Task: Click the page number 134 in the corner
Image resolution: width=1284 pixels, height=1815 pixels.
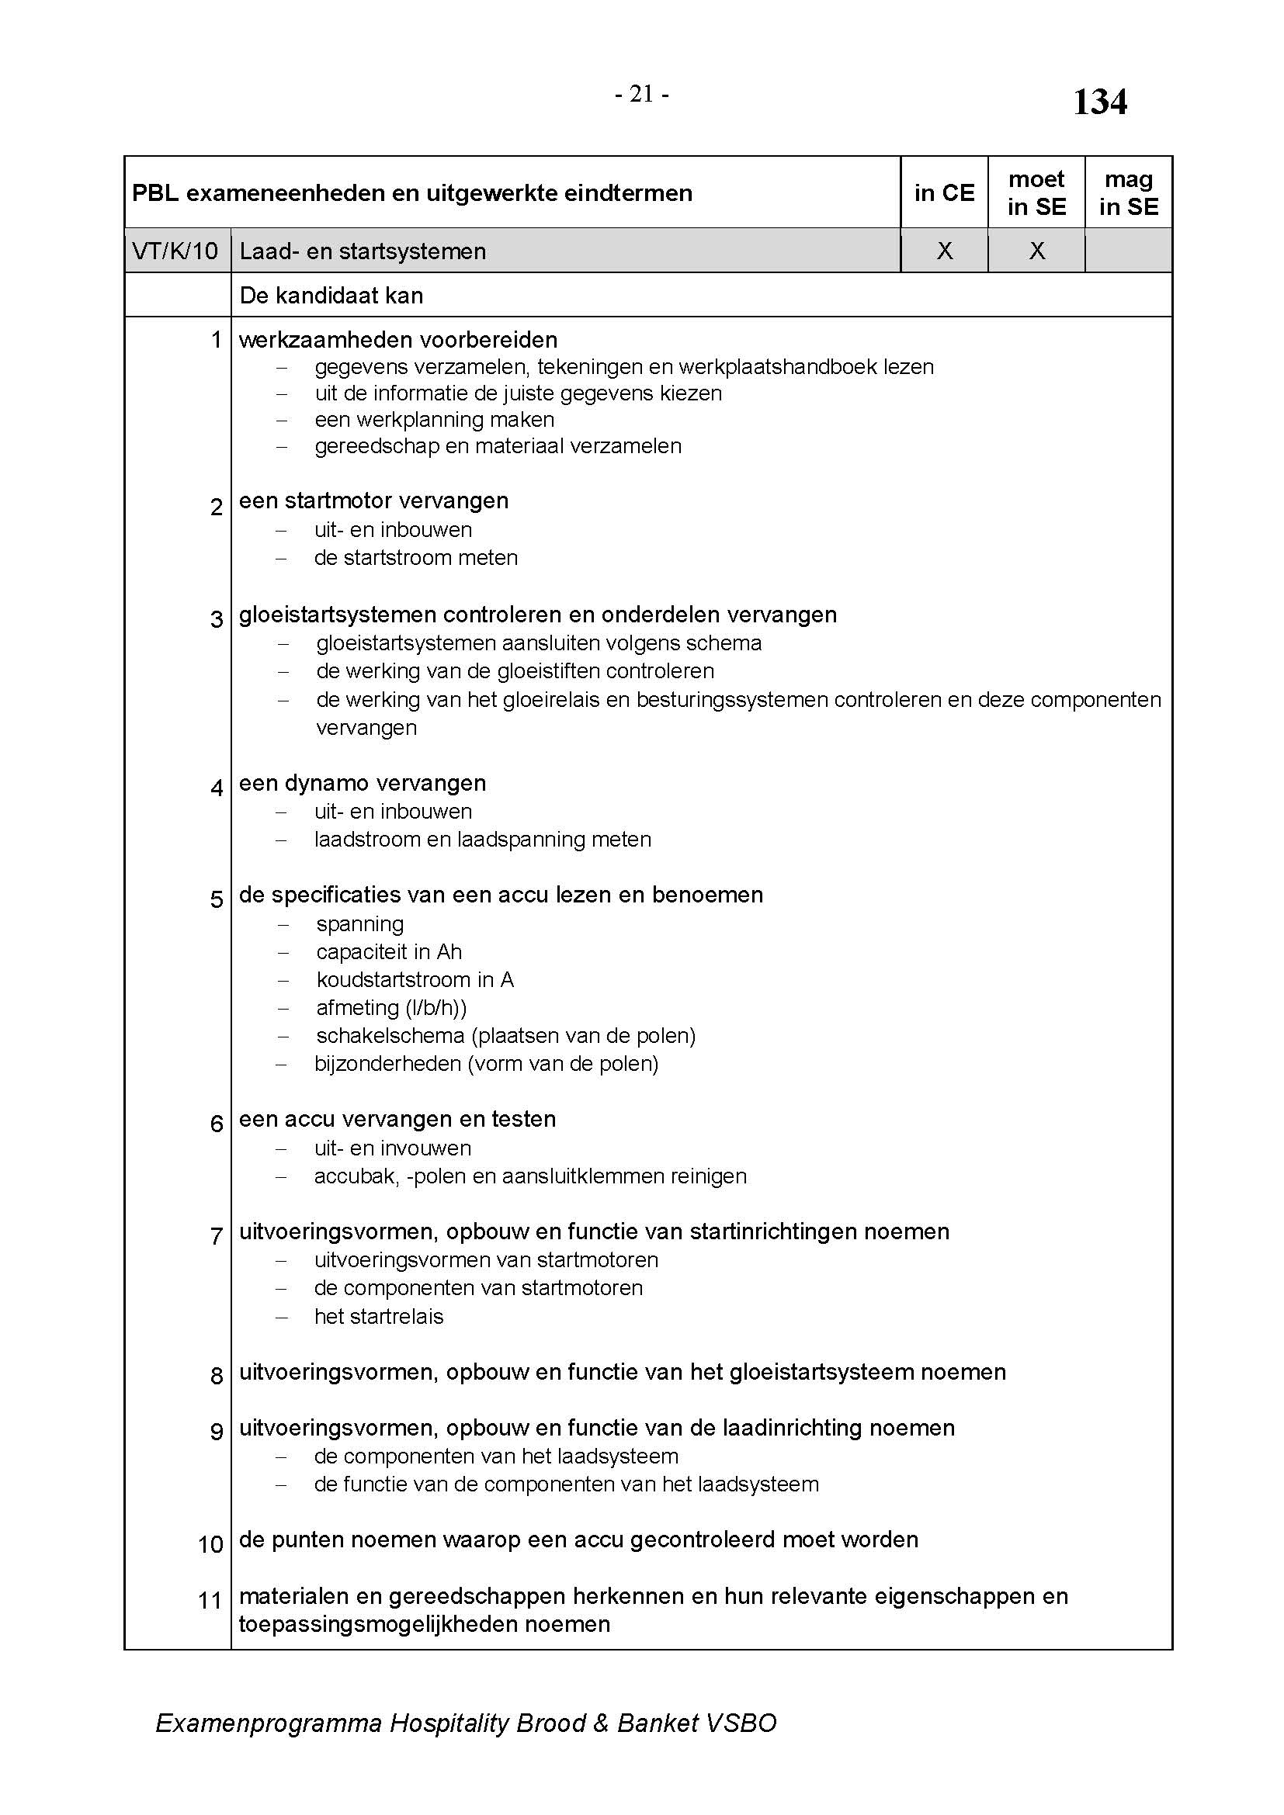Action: tap(1099, 102)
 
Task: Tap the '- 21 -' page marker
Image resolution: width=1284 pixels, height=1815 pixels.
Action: tap(642, 95)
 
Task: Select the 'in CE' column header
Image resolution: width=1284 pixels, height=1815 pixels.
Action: tap(944, 193)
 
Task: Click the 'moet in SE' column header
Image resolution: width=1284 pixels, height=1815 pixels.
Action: tap(1036, 193)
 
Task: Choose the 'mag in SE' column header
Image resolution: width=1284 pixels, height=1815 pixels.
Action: tap(1128, 193)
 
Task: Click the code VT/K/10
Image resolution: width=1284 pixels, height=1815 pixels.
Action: tap(175, 251)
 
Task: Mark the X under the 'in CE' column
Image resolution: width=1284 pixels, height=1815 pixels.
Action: tap(944, 251)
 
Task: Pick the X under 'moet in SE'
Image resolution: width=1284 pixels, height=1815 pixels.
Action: tap(1036, 251)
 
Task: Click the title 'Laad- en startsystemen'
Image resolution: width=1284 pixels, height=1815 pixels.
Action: tap(362, 251)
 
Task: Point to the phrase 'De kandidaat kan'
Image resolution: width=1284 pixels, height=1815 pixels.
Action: tap(331, 296)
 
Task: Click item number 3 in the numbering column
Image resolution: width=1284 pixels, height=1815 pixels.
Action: tap(216, 619)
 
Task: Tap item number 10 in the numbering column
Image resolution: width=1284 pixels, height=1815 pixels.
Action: tap(210, 1544)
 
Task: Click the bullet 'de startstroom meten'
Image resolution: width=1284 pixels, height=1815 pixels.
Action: tap(416, 558)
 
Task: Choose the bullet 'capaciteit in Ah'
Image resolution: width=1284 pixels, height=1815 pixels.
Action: tap(389, 952)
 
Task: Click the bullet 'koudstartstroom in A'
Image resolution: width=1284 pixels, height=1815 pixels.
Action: tap(415, 980)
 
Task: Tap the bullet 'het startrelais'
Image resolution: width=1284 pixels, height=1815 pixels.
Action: tap(379, 1316)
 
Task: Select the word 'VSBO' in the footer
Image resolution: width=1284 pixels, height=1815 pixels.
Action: tap(741, 1723)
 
